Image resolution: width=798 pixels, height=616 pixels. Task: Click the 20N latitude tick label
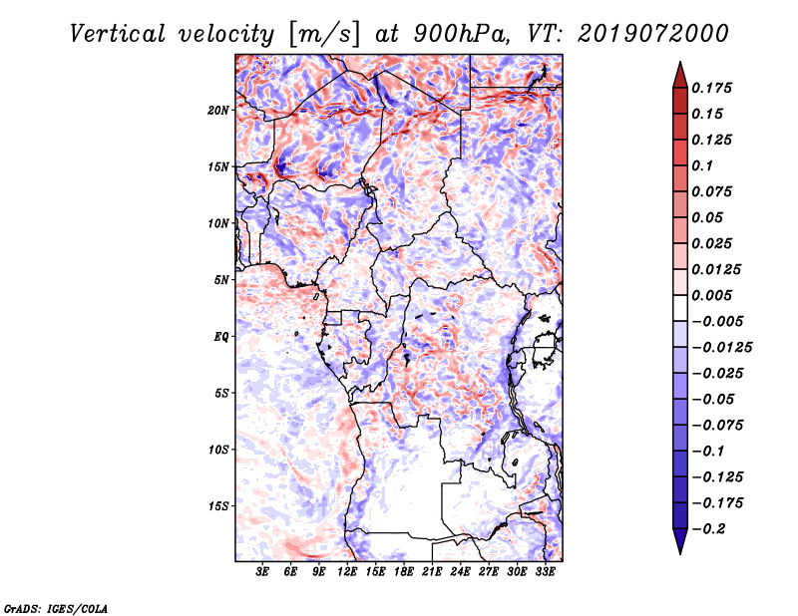pyautogui.click(x=218, y=110)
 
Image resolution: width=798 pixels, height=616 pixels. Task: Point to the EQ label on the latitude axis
pyautogui.click(x=221, y=337)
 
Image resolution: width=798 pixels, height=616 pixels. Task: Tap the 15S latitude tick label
pyautogui.click(x=218, y=506)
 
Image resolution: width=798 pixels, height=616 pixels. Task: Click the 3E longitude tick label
pyautogui.click(x=263, y=572)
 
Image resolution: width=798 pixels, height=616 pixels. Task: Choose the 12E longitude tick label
pyautogui.click(x=348, y=572)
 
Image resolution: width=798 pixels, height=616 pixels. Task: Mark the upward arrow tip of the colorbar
pyautogui.click(x=679, y=65)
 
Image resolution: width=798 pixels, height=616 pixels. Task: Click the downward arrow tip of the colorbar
pyautogui.click(x=679, y=551)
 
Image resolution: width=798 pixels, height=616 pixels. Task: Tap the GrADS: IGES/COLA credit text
pyautogui.click(x=56, y=606)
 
